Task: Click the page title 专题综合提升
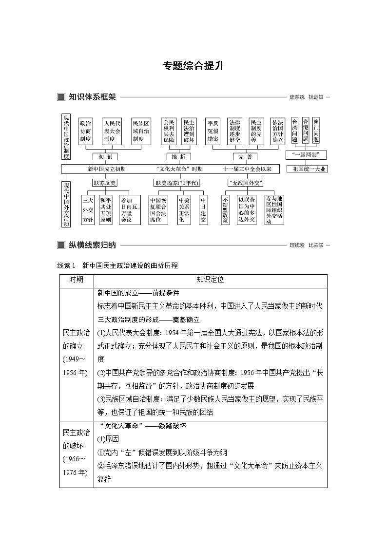pyautogui.click(x=193, y=66)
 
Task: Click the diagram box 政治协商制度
pyautogui.click(x=86, y=131)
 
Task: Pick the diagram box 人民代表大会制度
pyautogui.click(x=112, y=131)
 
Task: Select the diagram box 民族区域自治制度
pyautogui.click(x=141, y=131)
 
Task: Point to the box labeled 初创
pyautogui.click(x=105, y=156)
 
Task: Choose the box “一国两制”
pyautogui.click(x=306, y=155)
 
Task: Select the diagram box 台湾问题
pyautogui.click(x=294, y=130)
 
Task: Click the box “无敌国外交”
pyautogui.click(x=245, y=183)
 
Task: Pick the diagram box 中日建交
pyautogui.click(x=203, y=210)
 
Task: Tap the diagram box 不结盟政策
pyautogui.click(x=225, y=210)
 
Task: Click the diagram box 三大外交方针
pyautogui.click(x=88, y=210)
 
